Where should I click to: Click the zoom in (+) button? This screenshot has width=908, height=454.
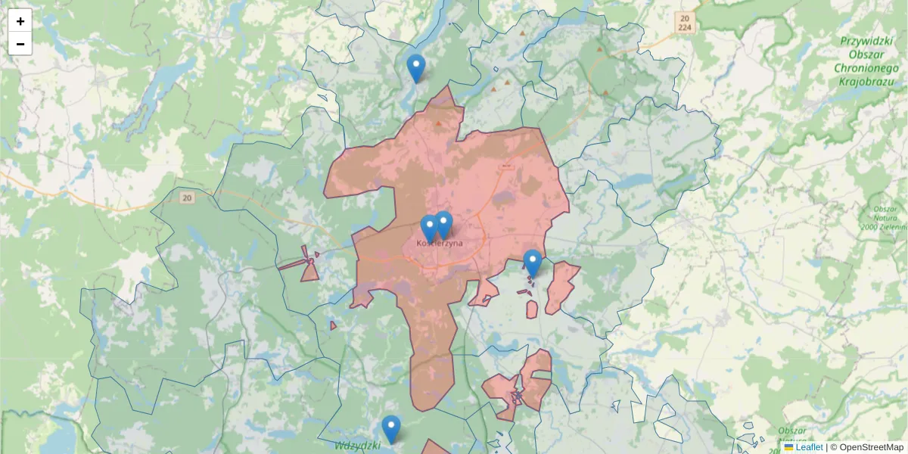(x=20, y=21)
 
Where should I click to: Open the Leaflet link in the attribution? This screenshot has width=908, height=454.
(x=809, y=447)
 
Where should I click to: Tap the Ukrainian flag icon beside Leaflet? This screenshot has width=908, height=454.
(x=788, y=447)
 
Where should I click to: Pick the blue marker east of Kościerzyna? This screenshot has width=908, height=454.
(x=533, y=263)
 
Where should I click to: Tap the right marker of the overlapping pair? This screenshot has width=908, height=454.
(x=444, y=225)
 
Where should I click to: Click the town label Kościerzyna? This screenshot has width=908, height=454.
(x=440, y=244)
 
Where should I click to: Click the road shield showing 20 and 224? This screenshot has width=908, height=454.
(x=685, y=22)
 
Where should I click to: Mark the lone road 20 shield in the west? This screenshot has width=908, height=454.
(x=187, y=197)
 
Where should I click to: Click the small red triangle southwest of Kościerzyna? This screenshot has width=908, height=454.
(x=333, y=325)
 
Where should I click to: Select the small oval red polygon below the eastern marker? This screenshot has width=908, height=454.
(x=532, y=309)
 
